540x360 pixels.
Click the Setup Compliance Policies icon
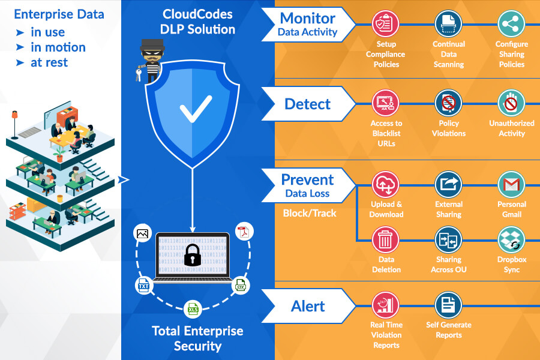[385, 24]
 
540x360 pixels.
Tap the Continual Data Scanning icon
[448, 24]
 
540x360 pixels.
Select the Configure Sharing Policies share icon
[511, 24]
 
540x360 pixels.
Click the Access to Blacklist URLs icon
[385, 103]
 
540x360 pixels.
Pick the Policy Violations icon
[448, 103]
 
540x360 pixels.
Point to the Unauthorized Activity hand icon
[511, 103]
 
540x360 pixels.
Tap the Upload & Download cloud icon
[385, 185]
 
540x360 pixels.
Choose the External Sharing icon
[448, 185]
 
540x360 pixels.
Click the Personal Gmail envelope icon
[511, 185]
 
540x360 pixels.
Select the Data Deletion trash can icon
[385, 240]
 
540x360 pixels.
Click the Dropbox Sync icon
[511, 240]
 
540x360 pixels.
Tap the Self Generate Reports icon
[448, 305]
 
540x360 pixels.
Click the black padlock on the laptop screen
[192, 255]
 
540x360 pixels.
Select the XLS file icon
[193, 309]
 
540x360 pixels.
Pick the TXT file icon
[143, 286]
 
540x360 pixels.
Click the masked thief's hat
[152, 44]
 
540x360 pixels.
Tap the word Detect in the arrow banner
[308, 104]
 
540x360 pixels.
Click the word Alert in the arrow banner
[308, 306]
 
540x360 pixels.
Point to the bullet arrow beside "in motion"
[20, 47]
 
